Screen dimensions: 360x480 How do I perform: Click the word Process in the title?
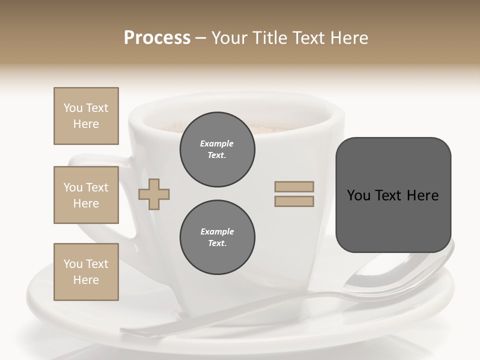tap(157, 38)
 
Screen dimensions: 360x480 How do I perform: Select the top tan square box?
tap(86, 116)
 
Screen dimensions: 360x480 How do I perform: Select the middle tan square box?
tap(86, 195)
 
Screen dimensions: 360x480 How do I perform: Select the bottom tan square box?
tap(86, 272)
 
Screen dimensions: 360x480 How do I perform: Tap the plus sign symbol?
tap(154, 195)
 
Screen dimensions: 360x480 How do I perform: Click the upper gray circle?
tap(217, 149)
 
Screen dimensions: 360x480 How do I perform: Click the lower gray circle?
tap(217, 237)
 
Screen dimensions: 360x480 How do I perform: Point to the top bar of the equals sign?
tap(294, 186)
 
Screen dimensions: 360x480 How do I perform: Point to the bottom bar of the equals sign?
tap(294, 201)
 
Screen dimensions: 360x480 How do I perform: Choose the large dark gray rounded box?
tap(393, 195)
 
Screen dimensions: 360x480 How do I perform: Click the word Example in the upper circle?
tap(217, 143)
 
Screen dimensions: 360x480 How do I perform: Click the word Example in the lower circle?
tap(217, 231)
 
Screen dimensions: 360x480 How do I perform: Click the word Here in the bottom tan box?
tap(86, 280)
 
